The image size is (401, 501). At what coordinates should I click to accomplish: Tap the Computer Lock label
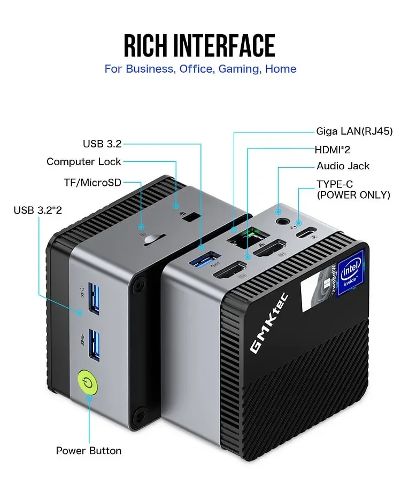(x=84, y=161)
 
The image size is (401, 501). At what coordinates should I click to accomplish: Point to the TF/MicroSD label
(x=92, y=183)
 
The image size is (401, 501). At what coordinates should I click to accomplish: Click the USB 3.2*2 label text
(x=37, y=210)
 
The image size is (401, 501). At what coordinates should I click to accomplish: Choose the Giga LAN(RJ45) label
(x=354, y=131)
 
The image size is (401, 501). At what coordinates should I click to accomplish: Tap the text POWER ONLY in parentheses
(x=353, y=195)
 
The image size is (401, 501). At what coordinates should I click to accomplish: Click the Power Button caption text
(x=89, y=451)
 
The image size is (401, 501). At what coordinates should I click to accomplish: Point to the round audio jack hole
(x=279, y=220)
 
